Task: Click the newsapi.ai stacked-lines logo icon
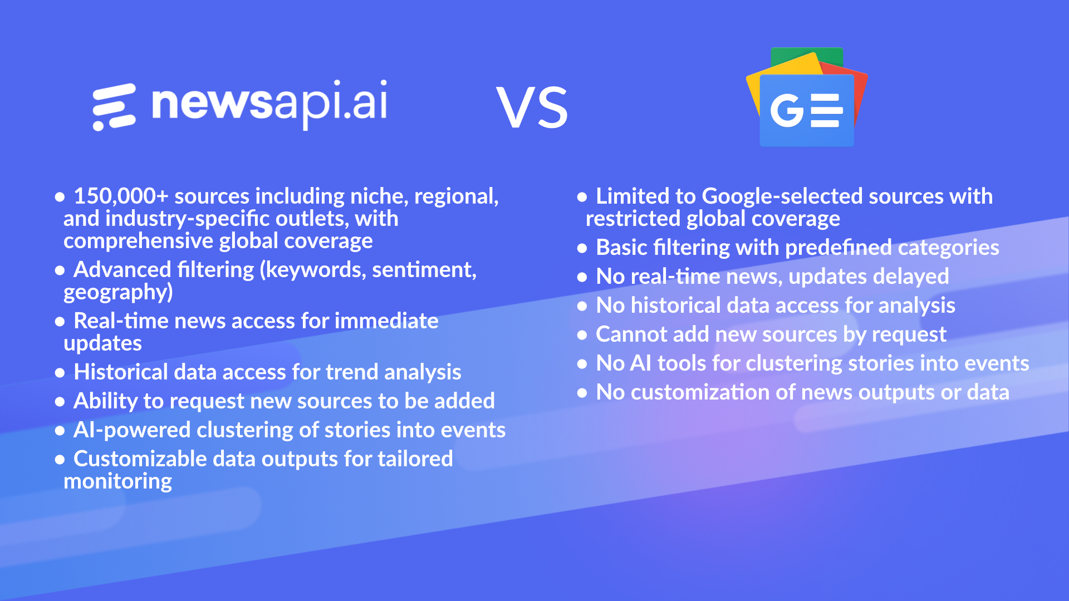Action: (x=114, y=107)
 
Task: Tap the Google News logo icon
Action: (x=807, y=97)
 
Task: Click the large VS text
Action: (x=532, y=107)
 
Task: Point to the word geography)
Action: (x=118, y=293)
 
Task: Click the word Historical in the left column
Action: (x=121, y=372)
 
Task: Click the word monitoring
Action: (x=118, y=482)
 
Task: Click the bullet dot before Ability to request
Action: (x=60, y=402)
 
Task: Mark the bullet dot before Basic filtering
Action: (x=582, y=248)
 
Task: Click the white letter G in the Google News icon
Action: (x=787, y=110)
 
